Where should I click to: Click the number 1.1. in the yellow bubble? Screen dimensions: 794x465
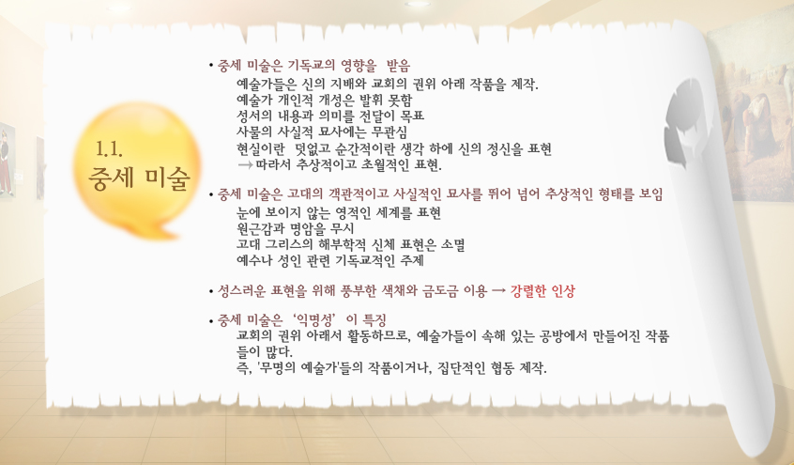coord(109,148)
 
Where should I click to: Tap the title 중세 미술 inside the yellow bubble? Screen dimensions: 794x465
coord(139,178)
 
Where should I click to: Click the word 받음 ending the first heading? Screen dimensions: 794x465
coord(398,66)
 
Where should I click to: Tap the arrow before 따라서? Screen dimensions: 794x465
coord(245,165)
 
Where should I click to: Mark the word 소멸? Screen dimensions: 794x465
coord(452,245)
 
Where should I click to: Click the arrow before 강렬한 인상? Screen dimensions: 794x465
coord(498,291)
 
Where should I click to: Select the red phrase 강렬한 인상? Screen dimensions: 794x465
coord(542,291)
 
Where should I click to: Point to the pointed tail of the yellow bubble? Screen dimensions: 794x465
coord(176,237)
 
